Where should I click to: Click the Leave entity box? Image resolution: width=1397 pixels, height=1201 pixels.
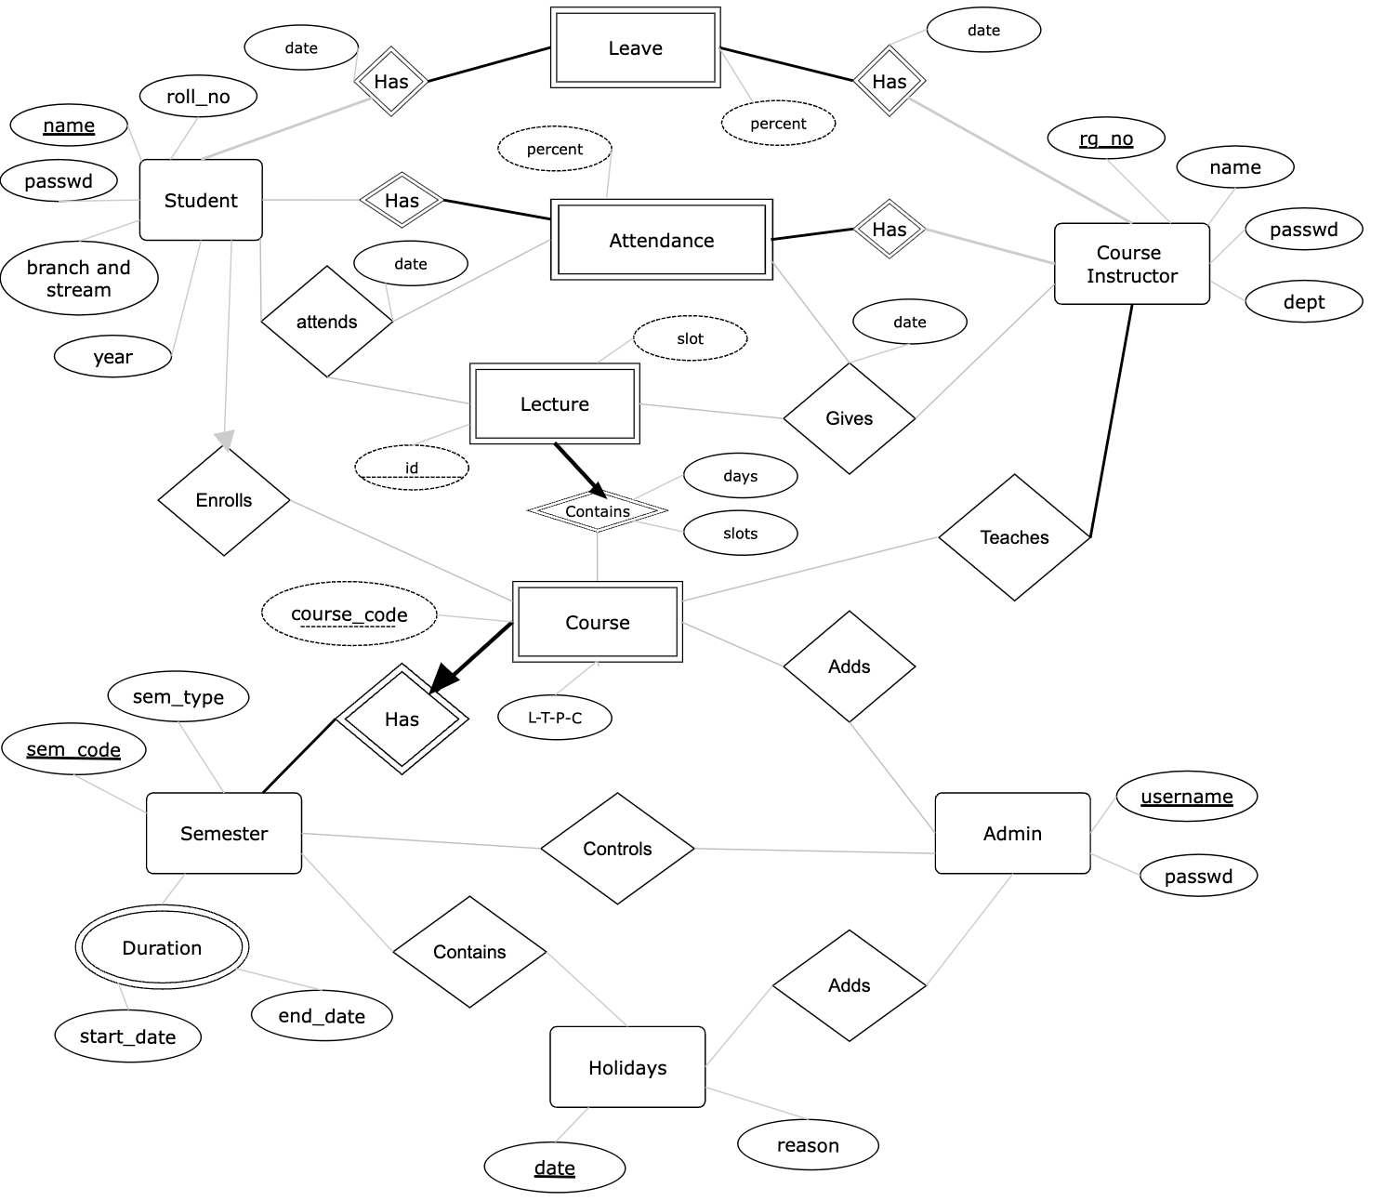pos(635,48)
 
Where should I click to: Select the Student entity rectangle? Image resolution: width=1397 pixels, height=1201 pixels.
pos(201,200)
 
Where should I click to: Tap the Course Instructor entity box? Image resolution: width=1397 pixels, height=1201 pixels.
pos(1131,264)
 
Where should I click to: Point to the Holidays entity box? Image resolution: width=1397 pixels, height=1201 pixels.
pos(627,1067)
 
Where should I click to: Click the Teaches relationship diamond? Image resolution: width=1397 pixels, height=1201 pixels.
pos(1014,537)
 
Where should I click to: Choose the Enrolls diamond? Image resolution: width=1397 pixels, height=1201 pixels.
pos(224,500)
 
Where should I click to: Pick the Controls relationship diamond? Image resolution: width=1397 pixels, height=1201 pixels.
pos(617,849)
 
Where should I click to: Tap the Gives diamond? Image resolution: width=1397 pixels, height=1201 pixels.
pos(849,418)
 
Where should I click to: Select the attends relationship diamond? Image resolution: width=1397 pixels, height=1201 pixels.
pos(326,322)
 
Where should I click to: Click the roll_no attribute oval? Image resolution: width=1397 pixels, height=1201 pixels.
pos(198,97)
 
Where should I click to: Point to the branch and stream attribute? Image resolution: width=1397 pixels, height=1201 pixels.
pos(79,279)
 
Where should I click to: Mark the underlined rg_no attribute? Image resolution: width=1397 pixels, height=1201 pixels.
pos(1106,139)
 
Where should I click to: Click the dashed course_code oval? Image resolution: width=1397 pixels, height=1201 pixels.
pos(349,614)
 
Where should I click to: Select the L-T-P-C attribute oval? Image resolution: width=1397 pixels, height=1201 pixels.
pos(555,718)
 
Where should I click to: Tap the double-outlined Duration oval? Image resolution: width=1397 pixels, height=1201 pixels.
pos(162,948)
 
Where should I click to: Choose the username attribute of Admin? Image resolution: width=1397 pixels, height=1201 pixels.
pos(1187,797)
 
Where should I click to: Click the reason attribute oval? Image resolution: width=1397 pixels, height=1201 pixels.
pos(808,1145)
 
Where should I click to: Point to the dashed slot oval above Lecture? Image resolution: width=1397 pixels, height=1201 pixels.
pos(690,338)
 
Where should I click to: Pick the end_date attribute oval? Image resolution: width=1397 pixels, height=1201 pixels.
pos(322,1016)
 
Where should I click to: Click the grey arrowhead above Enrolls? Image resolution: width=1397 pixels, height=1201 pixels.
pos(225,438)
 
